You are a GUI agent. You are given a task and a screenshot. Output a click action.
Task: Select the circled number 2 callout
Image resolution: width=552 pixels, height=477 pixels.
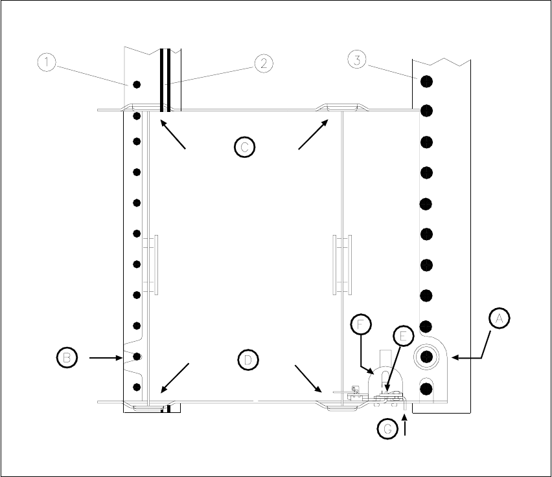point(263,63)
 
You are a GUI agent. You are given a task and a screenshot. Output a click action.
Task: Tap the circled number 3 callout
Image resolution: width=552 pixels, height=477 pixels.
point(358,60)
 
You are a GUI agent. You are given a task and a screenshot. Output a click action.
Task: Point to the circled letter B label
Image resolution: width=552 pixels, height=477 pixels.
point(66,357)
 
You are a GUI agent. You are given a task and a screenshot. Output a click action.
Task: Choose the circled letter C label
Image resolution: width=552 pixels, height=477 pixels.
point(244,147)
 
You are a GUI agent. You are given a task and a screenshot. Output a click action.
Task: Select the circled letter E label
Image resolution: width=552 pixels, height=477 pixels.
point(403,337)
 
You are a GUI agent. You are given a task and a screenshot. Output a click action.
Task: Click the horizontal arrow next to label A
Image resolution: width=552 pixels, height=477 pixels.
point(468,357)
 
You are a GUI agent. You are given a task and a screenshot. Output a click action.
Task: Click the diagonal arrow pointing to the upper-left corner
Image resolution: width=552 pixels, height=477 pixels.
point(173,135)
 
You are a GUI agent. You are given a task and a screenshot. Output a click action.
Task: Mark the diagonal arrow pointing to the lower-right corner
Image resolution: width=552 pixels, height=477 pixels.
point(308,379)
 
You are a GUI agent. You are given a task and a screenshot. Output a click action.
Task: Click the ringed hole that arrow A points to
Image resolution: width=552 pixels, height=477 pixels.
point(427,355)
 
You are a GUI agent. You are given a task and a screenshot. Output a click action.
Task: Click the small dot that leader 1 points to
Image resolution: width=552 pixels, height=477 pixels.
point(136,85)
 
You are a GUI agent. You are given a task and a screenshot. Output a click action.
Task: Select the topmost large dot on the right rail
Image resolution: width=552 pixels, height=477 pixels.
point(426,82)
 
